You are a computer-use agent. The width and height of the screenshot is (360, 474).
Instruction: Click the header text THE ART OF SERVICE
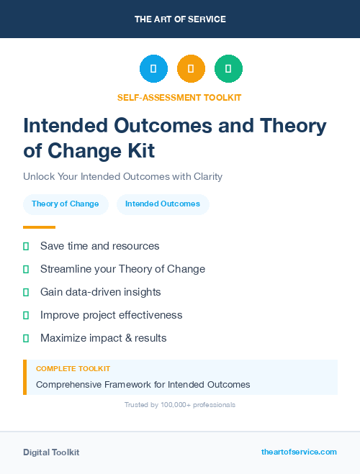pos(180,19)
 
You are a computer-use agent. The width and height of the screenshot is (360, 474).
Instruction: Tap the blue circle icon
pos(153,69)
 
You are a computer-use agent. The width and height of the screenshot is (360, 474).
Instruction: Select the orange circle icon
pos(191,69)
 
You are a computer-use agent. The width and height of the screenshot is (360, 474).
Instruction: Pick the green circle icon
pos(228,69)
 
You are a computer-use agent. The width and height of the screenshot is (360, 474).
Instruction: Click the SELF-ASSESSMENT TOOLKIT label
pos(179,97)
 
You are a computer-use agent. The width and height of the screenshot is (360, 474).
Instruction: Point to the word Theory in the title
pos(293,126)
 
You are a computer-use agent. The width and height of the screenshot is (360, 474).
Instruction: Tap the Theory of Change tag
pos(66,204)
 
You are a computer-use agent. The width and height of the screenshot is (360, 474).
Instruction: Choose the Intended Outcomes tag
pos(163,204)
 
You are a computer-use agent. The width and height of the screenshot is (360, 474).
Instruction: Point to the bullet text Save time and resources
pos(99,246)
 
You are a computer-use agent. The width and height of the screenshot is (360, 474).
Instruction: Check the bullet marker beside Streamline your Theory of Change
pos(26,269)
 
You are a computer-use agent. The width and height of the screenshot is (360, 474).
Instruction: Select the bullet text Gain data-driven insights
pos(100,292)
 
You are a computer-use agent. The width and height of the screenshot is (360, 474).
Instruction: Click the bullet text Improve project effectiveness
pos(111,315)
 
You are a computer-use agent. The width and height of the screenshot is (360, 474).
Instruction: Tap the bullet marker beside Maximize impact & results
pos(26,338)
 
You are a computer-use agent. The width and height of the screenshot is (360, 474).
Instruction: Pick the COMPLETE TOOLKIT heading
pos(73,369)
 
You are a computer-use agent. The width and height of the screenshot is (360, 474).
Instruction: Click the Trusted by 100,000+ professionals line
pos(180,405)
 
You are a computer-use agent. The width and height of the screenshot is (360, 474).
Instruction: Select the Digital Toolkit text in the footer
pos(51,452)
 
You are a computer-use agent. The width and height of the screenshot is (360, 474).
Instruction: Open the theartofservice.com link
pos(299,452)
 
